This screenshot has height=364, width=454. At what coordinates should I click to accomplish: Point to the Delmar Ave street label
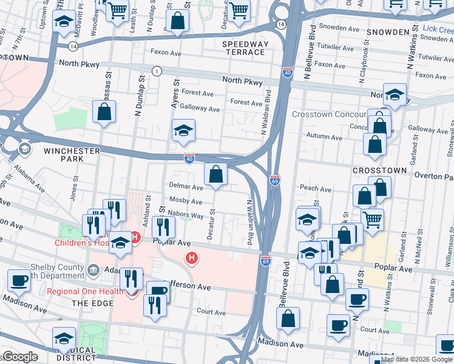coord(185,187)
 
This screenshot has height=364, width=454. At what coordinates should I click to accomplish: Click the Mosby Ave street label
coord(186,201)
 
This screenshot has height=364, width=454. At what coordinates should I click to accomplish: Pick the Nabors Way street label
coord(188,215)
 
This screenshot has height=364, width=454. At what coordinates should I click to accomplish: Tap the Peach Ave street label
coord(316,189)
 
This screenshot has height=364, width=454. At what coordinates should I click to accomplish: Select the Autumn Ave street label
coord(322,136)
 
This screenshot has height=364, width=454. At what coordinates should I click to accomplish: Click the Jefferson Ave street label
coord(188,286)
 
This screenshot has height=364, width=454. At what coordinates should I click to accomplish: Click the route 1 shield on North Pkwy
coord(157,72)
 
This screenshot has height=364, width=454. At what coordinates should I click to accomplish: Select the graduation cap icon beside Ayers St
coord(183,131)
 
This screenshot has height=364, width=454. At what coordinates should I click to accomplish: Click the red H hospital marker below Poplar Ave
coord(192,258)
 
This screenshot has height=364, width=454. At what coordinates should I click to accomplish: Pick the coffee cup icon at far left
coord(19,281)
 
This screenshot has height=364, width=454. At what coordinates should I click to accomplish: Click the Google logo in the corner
coord(20,356)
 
